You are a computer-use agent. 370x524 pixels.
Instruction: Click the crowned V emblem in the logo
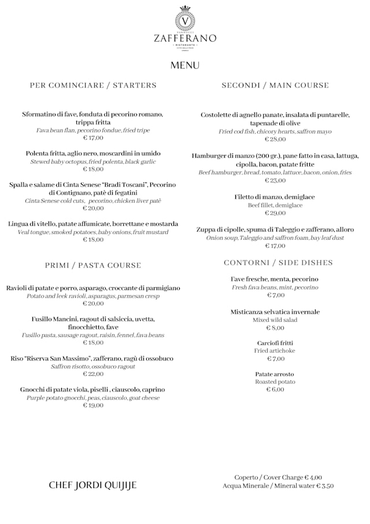pyautogui.click(x=185, y=19)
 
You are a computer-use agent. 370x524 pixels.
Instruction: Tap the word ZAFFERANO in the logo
pyautogui.click(x=185, y=38)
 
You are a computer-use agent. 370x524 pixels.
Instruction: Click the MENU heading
pyautogui.click(x=185, y=65)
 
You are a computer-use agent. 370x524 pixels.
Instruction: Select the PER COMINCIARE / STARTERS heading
pyautogui.click(x=93, y=85)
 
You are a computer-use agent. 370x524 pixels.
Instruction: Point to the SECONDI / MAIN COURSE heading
pyautogui.click(x=275, y=85)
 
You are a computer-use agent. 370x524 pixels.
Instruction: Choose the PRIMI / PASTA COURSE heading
pyautogui.click(x=93, y=265)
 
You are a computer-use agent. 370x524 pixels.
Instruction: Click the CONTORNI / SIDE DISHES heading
pyautogui.click(x=278, y=262)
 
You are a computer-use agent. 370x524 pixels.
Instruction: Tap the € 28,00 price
pyautogui.click(x=275, y=140)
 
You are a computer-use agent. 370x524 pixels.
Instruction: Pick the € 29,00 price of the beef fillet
pyautogui.click(x=275, y=213)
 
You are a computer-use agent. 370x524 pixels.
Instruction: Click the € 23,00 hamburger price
pyautogui.click(x=275, y=181)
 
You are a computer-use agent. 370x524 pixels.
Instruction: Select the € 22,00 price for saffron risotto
pyautogui.click(x=93, y=374)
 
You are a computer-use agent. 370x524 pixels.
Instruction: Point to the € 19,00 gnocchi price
pyautogui.click(x=93, y=405)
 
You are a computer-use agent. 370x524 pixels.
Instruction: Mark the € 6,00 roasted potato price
pyautogui.click(x=275, y=390)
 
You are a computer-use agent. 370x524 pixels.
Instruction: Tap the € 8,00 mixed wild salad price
pyautogui.click(x=275, y=328)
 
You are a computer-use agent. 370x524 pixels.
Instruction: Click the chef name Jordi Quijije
pyautogui.click(x=93, y=485)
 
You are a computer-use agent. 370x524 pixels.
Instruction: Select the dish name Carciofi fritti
pyautogui.click(x=275, y=343)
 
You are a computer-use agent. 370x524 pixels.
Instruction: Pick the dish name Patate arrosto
pyautogui.click(x=275, y=374)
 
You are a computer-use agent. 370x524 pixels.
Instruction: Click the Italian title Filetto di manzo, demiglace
pyautogui.click(x=275, y=197)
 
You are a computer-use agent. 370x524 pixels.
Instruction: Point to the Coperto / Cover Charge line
pyautogui.click(x=278, y=478)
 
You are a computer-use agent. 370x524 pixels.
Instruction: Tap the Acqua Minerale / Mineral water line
pyautogui.click(x=278, y=486)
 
